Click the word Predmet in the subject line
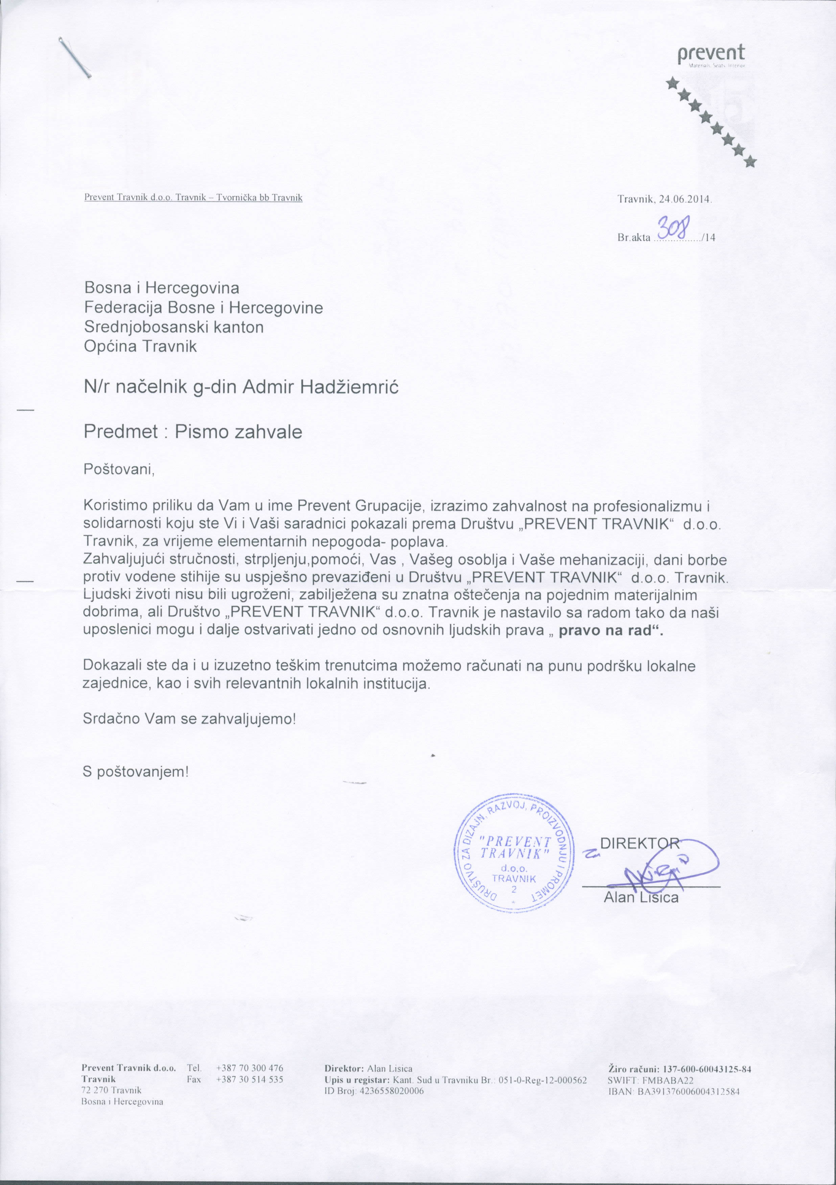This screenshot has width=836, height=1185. (x=121, y=432)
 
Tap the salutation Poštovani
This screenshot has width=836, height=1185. (x=119, y=470)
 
